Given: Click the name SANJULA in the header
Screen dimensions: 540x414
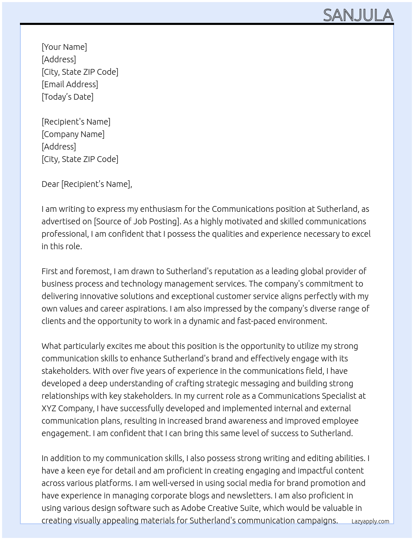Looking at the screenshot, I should (358, 15).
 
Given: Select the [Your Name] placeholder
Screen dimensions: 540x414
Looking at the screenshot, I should (64, 47).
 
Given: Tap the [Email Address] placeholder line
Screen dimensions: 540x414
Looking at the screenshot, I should (70, 84).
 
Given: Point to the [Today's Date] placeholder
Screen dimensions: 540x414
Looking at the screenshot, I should (67, 97).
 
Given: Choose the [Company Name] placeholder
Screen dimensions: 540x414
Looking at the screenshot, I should (73, 134).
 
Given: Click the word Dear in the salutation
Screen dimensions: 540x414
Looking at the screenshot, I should (50, 184).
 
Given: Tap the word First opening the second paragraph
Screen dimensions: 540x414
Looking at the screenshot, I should (49, 271).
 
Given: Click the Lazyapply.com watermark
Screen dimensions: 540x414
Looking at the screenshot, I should (370, 521).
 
